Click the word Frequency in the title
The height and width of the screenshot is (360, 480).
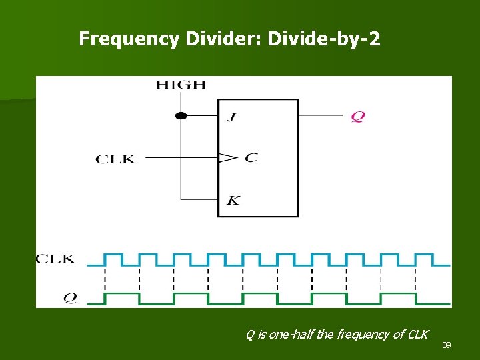point(129,39)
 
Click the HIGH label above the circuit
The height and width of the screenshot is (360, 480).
point(181,85)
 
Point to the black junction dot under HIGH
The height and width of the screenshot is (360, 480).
point(181,115)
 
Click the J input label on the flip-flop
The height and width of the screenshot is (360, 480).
point(231,117)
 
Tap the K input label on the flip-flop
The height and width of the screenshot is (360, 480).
point(233,200)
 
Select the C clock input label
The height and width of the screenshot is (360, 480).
point(251,157)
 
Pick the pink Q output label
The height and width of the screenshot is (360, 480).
point(358,116)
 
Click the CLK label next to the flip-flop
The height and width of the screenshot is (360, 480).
point(115,159)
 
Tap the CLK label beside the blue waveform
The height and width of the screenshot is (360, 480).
point(55,259)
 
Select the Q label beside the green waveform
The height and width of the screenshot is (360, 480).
point(69,298)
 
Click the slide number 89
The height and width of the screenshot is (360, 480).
point(447,345)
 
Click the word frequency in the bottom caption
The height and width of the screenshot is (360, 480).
point(362,335)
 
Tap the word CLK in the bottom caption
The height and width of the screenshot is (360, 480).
point(417,335)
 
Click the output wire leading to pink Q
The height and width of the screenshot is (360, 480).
point(323,115)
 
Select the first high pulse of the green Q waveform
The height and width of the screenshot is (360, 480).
point(122,294)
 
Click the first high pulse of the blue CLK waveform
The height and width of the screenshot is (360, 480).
point(113,255)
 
